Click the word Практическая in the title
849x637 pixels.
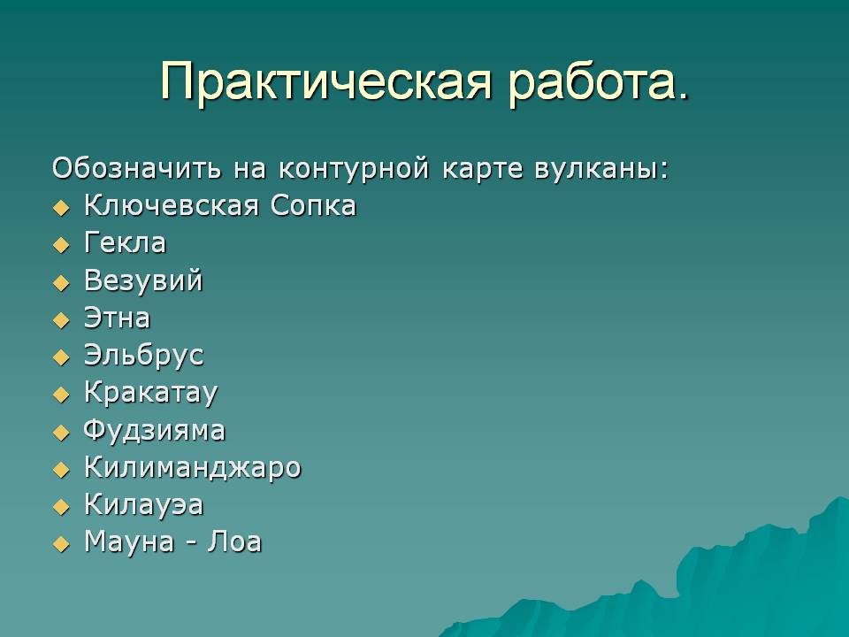click(x=326, y=81)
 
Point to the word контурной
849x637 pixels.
click(x=354, y=169)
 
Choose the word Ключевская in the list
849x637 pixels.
click(x=171, y=206)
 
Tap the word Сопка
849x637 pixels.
click(x=313, y=206)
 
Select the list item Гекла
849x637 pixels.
click(x=125, y=243)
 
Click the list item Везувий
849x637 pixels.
click(x=143, y=281)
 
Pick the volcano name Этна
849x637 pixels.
click(x=117, y=318)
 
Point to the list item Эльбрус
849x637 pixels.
click(x=144, y=357)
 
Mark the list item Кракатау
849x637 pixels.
click(x=151, y=393)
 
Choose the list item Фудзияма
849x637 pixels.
click(x=154, y=431)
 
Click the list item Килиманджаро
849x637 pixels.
click(x=193, y=468)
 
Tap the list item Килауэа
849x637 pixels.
click(x=144, y=505)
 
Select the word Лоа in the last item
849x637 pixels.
click(x=234, y=542)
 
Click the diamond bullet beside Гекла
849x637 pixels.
click(x=62, y=245)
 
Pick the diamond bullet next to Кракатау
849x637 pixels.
click(x=62, y=395)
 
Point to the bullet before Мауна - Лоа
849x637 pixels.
click(x=62, y=544)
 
